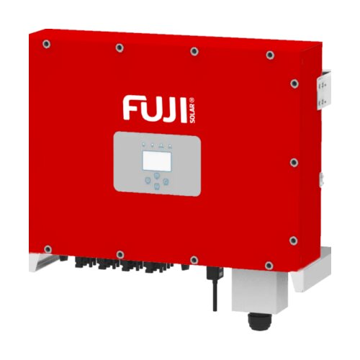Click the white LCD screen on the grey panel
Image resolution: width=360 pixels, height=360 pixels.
click(157, 161)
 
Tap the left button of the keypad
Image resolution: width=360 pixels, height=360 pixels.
click(148, 180)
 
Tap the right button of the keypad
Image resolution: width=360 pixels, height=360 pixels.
click(166, 181)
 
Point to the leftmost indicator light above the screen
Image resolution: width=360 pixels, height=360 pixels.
click(143, 145)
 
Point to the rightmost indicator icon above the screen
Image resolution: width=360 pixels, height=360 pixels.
click(170, 145)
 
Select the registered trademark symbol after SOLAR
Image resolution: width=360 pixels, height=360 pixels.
click(193, 100)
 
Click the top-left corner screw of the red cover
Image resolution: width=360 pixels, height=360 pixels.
click(46, 44)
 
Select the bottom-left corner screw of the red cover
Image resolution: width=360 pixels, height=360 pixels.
click(48, 249)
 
